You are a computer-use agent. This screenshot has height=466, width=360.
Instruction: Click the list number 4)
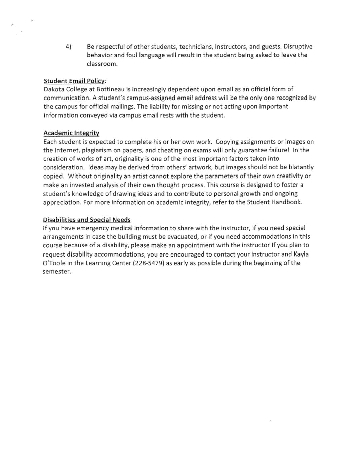click(68, 46)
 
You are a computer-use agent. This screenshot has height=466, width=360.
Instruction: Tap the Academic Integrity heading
click(71, 133)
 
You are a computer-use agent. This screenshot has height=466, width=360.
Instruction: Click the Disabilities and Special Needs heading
click(86, 220)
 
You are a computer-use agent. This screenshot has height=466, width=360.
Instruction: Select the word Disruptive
click(298, 46)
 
